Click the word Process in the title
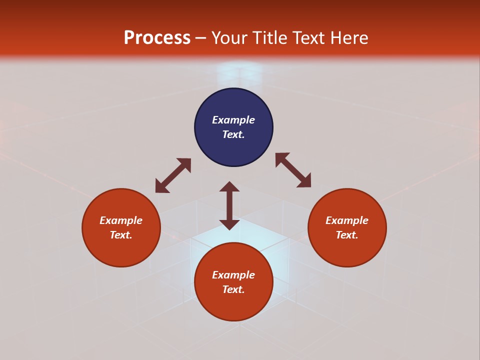pos(157,38)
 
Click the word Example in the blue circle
pos(233,120)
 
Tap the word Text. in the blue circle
pos(233,134)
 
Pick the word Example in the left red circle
pos(121,220)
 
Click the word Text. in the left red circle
pos(121,235)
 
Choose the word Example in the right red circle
pos(347,220)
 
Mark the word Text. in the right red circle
pos(347,235)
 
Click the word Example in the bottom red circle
pos(233,275)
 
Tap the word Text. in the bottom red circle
pos(233,289)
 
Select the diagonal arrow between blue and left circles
pos(173,175)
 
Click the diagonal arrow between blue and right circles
pos(293,170)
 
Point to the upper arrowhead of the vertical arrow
pos(229,186)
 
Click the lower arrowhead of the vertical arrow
pos(229,224)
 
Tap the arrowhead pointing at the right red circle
pos(305,181)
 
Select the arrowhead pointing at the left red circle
pos(161,187)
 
